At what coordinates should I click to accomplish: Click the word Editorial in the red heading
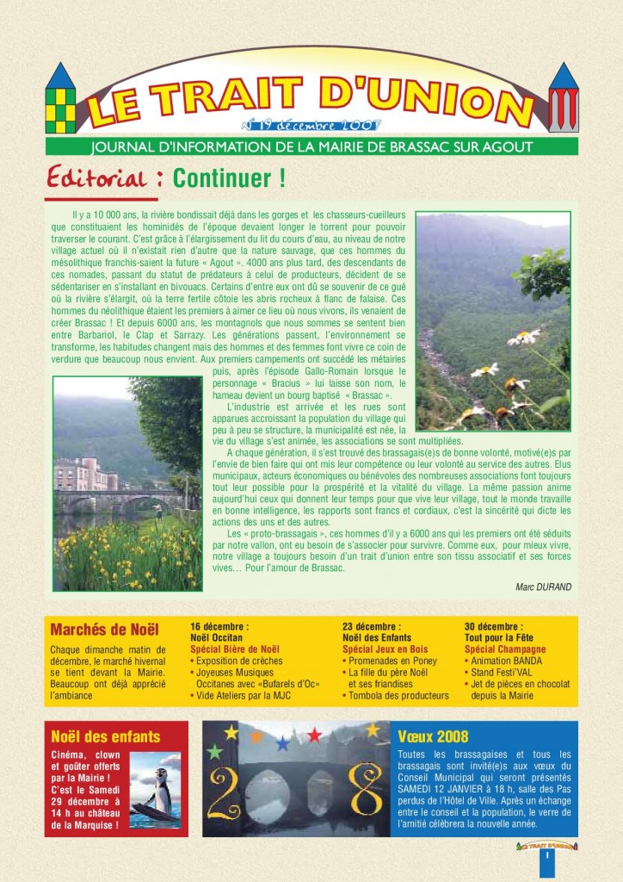(96, 178)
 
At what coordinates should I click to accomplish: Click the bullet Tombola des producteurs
(398, 695)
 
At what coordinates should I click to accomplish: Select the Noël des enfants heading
(106, 736)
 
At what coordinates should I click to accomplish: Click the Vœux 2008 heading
(434, 736)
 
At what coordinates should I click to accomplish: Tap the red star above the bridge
(315, 735)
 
